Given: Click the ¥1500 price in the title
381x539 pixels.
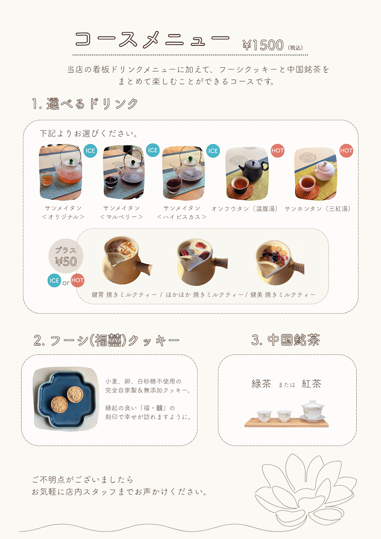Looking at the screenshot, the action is [x=263, y=45].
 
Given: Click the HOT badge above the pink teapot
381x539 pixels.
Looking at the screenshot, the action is [x=346, y=150].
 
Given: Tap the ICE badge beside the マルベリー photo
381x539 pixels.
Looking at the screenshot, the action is [x=153, y=150].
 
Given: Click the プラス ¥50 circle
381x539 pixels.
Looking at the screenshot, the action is [x=66, y=256].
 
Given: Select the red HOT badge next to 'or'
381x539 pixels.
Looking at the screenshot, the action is [x=77, y=280].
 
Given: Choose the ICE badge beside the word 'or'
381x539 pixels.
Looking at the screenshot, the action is [x=54, y=281].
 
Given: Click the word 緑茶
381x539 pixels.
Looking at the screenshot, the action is [x=261, y=384].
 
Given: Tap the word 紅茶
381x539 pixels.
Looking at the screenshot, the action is [x=311, y=384].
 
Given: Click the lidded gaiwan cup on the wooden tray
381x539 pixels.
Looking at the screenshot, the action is [x=312, y=411].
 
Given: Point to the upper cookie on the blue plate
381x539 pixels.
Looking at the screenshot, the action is [x=75, y=394].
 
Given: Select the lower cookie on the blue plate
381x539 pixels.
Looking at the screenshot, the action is [x=59, y=405].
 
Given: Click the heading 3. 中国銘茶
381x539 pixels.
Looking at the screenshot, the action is [x=285, y=340].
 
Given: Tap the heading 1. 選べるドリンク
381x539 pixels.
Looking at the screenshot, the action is [x=85, y=104].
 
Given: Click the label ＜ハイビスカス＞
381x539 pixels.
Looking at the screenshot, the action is [x=182, y=217].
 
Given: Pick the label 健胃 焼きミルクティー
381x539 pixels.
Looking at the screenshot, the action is [x=124, y=295].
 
